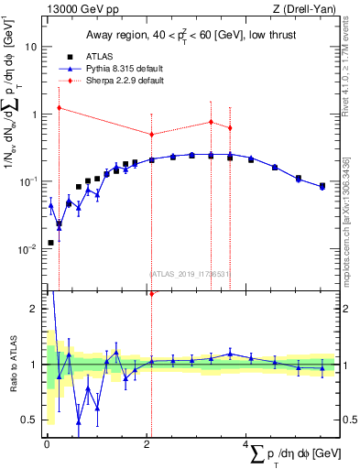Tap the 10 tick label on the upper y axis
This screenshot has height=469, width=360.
[31, 47]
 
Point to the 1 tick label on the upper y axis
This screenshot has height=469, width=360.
[34, 115]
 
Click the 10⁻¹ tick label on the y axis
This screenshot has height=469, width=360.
[29, 181]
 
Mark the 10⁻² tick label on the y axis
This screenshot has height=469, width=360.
[29, 249]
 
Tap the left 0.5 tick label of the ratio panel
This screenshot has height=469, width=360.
[29, 420]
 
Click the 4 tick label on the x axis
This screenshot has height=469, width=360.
[247, 444]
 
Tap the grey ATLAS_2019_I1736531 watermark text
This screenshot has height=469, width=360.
[189, 273]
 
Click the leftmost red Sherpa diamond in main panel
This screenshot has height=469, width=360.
[59, 107]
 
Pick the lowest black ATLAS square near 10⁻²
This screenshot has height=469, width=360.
[50, 243]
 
